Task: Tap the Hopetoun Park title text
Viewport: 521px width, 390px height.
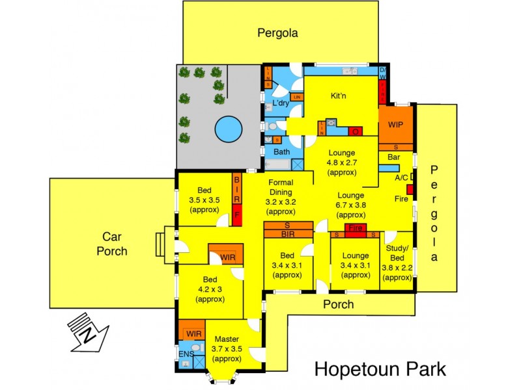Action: [381, 369]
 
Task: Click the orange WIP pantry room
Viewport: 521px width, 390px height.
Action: [395, 125]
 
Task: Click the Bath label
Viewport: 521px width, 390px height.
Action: [281, 152]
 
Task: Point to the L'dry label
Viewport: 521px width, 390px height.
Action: [281, 104]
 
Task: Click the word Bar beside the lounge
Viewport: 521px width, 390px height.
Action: [393, 157]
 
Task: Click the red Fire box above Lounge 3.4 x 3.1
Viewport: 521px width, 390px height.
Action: [355, 228]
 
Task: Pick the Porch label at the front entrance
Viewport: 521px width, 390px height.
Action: [339, 304]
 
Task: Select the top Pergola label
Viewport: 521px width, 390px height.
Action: [277, 32]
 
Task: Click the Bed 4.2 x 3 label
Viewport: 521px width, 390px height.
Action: [210, 289]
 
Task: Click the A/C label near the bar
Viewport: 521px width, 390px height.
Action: [401, 177]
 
